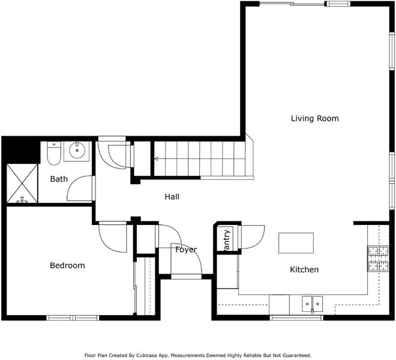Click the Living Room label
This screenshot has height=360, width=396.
click(314, 118)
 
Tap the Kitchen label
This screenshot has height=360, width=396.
click(304, 269)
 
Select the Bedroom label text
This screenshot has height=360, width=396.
click(67, 265)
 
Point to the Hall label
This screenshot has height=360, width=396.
click(172, 197)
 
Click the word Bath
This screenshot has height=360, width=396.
click(59, 179)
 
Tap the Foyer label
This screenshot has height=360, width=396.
click(186, 250)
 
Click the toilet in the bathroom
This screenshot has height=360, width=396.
click(54, 153)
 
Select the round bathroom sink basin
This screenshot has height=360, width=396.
click(77, 151)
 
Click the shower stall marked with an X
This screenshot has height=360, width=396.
click(22, 184)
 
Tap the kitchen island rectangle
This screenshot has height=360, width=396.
click(296, 243)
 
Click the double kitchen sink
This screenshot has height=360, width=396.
click(312, 304)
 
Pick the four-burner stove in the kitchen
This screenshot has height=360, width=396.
click(378, 259)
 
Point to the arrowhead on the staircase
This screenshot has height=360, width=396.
click(156, 158)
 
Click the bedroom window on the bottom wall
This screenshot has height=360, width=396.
click(73, 318)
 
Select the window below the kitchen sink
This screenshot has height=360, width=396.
click(296, 318)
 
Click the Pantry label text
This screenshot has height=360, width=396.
click(227, 240)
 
